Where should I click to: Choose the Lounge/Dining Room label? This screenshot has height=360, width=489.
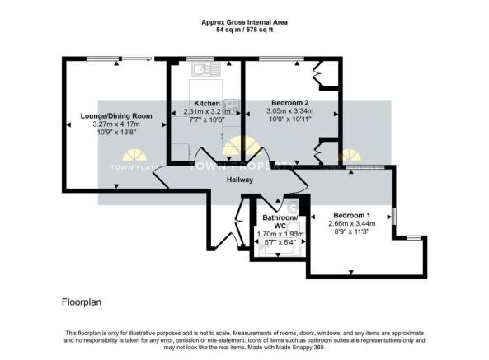coord(116,116)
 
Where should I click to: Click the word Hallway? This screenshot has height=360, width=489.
coord(240,180)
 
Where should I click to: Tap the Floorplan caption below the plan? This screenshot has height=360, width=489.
coord(81,302)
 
